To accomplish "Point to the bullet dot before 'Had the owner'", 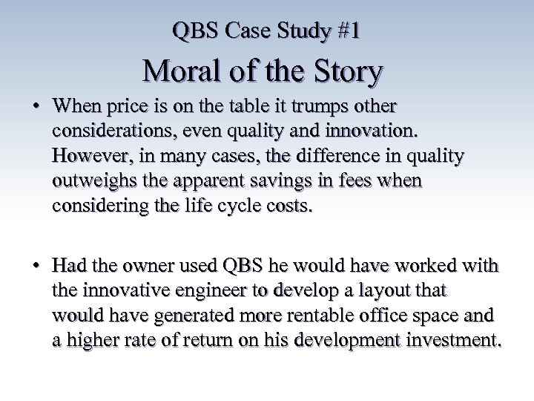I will (36, 267).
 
